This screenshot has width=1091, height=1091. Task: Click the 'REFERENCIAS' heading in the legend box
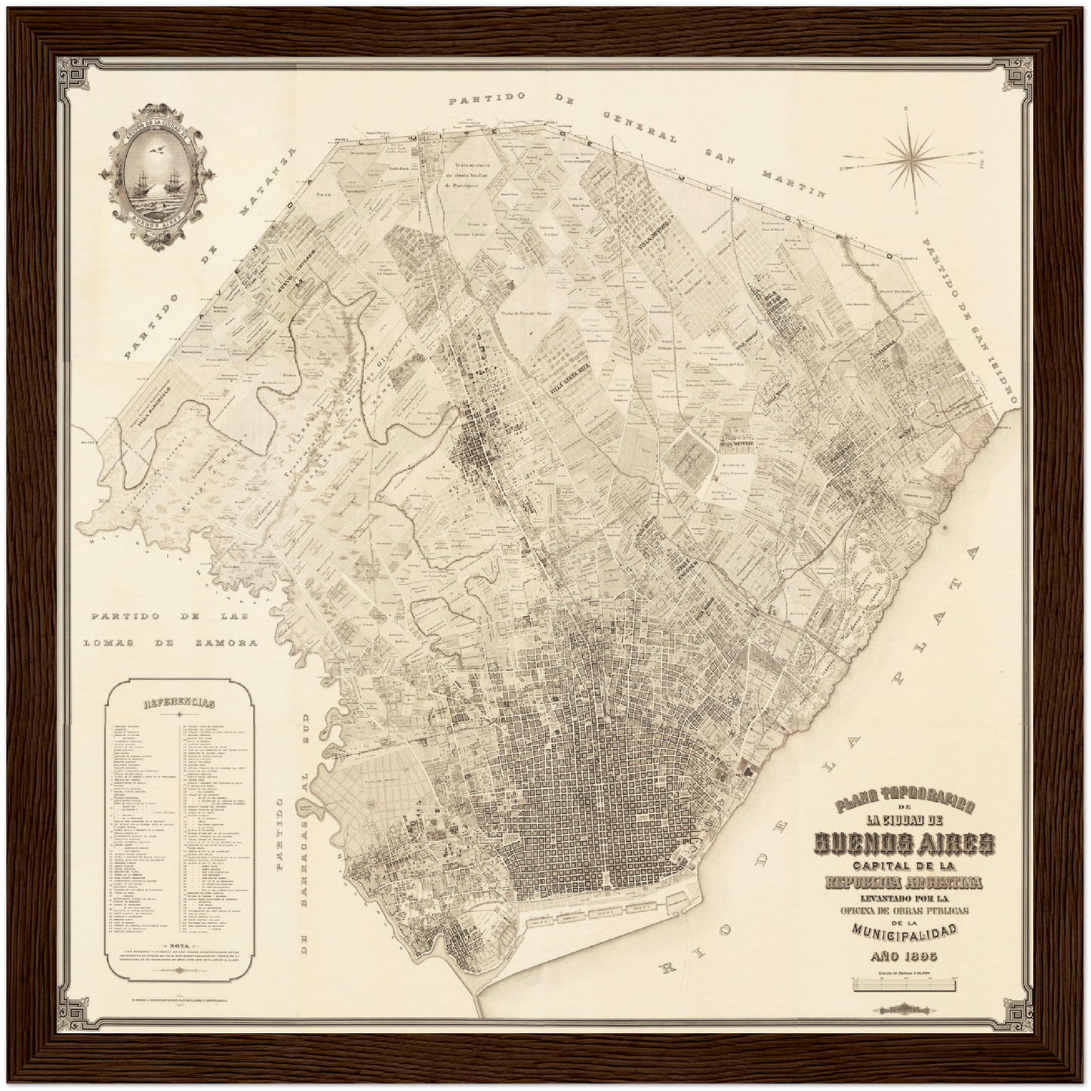point(179,702)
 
